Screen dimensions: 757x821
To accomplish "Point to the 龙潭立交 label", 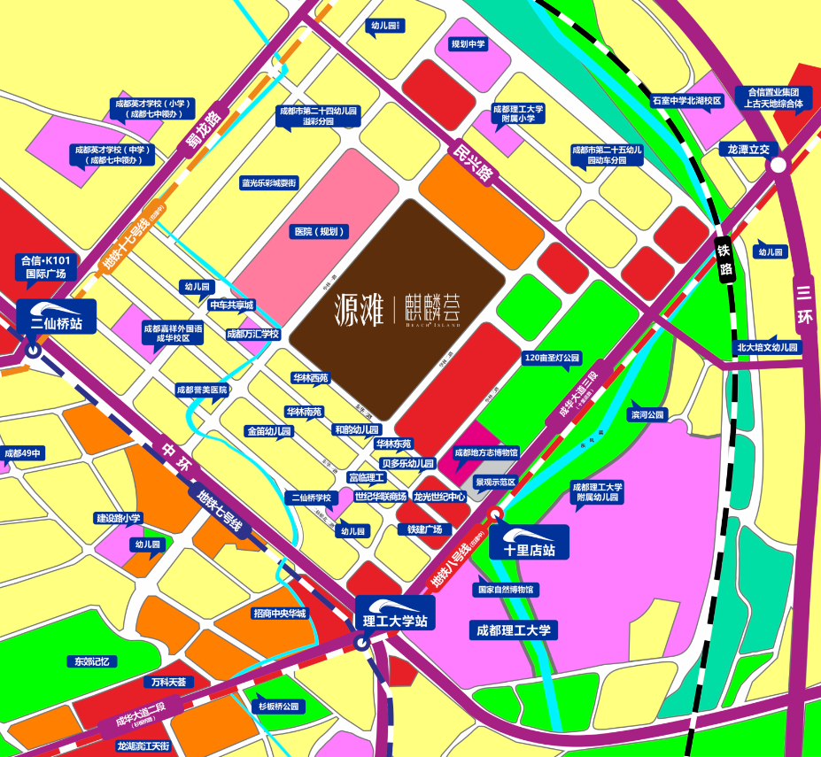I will tap(748, 150).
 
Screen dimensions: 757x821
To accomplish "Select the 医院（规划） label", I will tap(320, 232).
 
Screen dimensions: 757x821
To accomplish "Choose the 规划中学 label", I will tap(469, 44).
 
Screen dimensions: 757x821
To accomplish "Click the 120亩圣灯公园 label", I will tap(552, 359).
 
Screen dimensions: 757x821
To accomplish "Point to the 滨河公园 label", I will tap(647, 414).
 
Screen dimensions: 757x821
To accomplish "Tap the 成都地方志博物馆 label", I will tap(486, 452).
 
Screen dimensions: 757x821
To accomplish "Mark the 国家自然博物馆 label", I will tap(507, 589).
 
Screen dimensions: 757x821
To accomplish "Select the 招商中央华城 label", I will tap(279, 613).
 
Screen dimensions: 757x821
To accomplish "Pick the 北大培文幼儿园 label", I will tap(768, 348).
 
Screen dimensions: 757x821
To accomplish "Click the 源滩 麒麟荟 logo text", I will tap(398, 307).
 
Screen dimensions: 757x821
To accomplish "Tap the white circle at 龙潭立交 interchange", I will tap(778, 165).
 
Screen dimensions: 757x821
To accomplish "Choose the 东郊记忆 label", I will tap(90, 661).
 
